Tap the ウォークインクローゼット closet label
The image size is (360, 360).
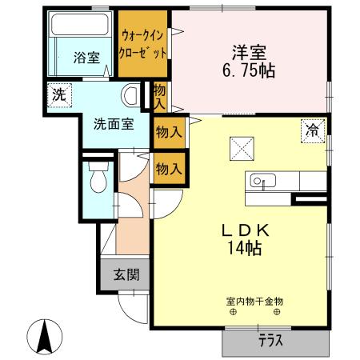pos(143,44)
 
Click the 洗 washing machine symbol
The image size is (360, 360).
pos(58,93)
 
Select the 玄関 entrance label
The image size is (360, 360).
pos(126,274)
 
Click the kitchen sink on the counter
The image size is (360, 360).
pos(261,181)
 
